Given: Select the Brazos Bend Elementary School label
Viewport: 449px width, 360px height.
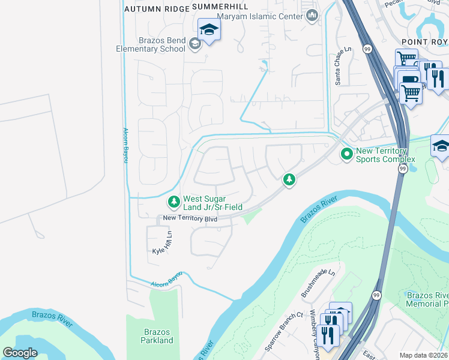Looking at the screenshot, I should point(153,44).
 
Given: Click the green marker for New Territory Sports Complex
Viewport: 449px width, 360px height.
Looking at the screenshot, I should point(346,154).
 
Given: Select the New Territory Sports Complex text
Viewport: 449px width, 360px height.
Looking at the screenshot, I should point(385,155).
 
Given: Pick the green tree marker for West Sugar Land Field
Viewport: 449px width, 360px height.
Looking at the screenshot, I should point(173,202).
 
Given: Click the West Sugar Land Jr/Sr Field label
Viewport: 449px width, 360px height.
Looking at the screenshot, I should point(212,203).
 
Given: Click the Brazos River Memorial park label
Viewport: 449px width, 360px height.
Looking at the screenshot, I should point(427,299).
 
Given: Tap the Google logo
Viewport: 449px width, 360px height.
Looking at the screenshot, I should point(20,353).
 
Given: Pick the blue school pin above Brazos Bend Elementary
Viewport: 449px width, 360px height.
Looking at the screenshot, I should point(208,29).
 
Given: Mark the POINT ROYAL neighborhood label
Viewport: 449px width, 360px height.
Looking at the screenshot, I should point(424,41).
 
